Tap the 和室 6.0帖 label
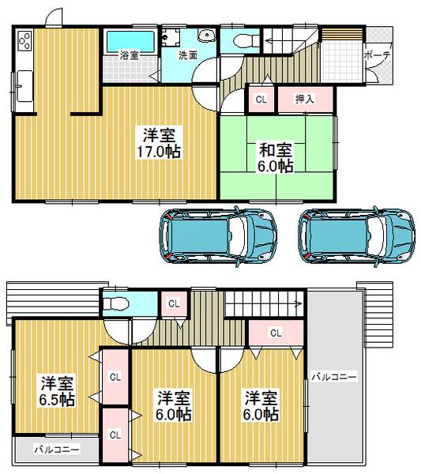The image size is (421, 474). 275,157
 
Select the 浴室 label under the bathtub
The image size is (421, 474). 130,56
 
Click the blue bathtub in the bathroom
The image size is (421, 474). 129,39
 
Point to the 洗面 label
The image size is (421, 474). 187,56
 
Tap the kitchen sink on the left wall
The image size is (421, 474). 23,81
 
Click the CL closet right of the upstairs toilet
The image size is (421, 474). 173,303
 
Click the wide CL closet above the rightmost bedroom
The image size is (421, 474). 276,333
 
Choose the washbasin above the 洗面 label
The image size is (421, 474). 207,35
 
